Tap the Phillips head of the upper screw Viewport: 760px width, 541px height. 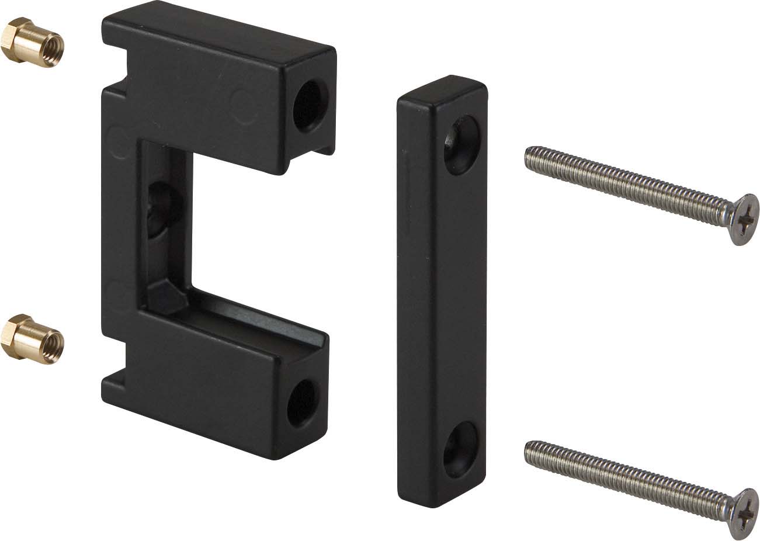tap(742, 219)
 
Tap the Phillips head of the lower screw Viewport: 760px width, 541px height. tap(742, 512)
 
